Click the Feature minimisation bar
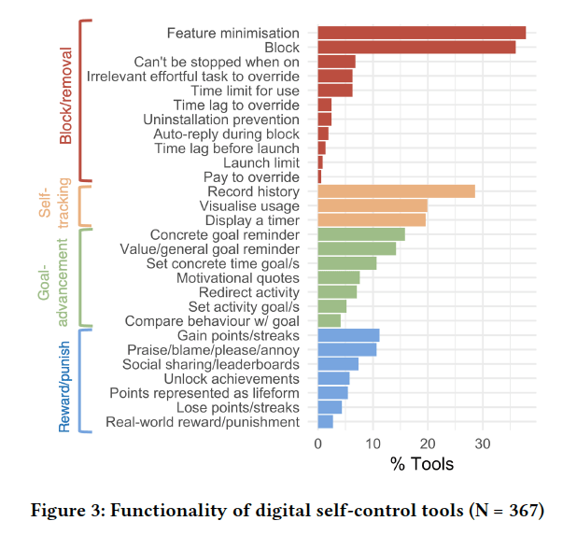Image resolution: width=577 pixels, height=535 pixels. [x=422, y=33]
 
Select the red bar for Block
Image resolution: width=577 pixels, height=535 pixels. [x=416, y=48]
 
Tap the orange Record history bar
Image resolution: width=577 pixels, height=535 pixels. [x=396, y=191]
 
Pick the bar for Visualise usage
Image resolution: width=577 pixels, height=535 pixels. [x=373, y=205]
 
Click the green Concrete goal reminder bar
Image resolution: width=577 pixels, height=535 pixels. [x=361, y=234]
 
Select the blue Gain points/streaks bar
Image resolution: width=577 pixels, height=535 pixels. [x=348, y=335]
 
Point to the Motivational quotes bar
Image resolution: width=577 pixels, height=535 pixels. [x=339, y=277]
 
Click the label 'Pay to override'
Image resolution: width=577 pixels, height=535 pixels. [x=251, y=176]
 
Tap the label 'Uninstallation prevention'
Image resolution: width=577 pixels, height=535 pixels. [x=221, y=120]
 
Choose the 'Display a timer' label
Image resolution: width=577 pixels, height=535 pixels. [x=252, y=219]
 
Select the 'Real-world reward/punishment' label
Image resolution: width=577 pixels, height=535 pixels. [x=203, y=422]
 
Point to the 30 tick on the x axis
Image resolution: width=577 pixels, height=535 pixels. [x=483, y=443]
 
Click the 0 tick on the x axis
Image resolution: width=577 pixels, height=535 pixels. [x=318, y=443]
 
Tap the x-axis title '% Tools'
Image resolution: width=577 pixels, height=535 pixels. [x=423, y=464]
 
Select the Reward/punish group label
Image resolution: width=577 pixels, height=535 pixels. [x=65, y=380]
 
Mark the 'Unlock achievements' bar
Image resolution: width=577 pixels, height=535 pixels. [x=334, y=378]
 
